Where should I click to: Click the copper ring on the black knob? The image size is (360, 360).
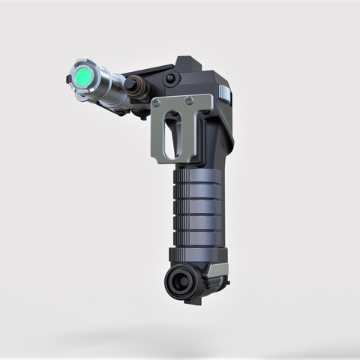tap(137, 89)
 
